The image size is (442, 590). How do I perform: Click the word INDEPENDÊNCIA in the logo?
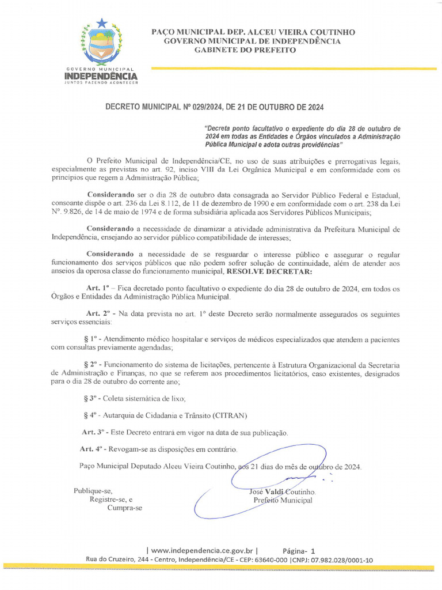point(101,76)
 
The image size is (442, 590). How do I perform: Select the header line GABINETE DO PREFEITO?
point(245,50)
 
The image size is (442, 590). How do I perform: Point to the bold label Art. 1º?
point(97,288)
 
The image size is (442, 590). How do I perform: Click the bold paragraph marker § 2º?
point(93,365)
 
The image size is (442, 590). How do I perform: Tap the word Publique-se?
point(93,491)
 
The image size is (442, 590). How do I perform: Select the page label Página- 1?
point(299,550)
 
